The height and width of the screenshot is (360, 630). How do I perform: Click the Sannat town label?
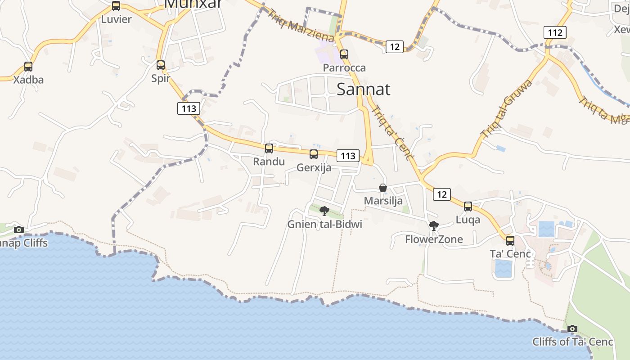pyautogui.click(x=363, y=89)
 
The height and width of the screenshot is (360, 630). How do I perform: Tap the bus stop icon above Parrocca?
pyautogui.click(x=344, y=54)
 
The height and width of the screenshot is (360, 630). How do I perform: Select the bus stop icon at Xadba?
pyautogui.click(x=28, y=67)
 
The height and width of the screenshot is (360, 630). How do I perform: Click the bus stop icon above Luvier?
pyautogui.click(x=116, y=6)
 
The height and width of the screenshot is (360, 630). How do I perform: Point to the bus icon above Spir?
pyautogui.click(x=161, y=65)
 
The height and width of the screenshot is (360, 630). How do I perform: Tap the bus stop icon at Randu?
pyautogui.click(x=269, y=148)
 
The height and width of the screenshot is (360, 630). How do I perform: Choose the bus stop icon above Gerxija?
pyautogui.click(x=314, y=155)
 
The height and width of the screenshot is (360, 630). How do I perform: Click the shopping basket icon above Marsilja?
pyautogui.click(x=383, y=188)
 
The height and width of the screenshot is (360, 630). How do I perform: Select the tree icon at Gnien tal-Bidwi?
pyautogui.click(x=324, y=211)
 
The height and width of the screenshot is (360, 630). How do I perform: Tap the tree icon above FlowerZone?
pyautogui.click(x=434, y=226)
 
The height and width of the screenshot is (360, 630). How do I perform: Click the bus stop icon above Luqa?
pyautogui.click(x=468, y=207)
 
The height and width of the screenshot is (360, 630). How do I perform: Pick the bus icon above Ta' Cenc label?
pyautogui.click(x=510, y=241)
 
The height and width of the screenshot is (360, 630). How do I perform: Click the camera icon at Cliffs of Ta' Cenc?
pyautogui.click(x=572, y=329)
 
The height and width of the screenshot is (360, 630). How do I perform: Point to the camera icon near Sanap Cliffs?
pyautogui.click(x=18, y=230)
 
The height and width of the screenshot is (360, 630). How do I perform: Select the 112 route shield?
pyautogui.click(x=555, y=32)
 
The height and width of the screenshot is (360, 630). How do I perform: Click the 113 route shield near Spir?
pyautogui.click(x=189, y=108)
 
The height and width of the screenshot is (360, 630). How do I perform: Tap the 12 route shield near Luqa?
pyautogui.click(x=442, y=194)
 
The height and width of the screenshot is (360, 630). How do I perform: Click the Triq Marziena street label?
pyautogui.click(x=300, y=25)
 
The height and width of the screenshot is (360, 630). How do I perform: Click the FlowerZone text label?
pyautogui.click(x=434, y=239)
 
